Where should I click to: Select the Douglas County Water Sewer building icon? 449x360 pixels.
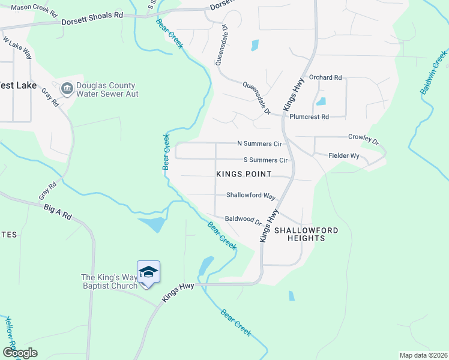(x=67, y=89)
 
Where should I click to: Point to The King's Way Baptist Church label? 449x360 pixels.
(x=109, y=281)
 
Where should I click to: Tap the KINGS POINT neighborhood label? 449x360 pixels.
(x=244, y=174)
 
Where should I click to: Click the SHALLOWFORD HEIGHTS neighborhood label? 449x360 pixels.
(x=306, y=234)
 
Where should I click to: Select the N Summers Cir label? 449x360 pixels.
(x=259, y=144)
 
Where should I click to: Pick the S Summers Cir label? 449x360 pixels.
(x=265, y=160)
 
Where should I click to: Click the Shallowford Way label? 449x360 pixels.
(x=250, y=196)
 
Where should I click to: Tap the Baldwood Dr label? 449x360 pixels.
(x=243, y=220)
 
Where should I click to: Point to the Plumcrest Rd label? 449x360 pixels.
(x=309, y=117)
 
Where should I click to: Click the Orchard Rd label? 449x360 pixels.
(x=325, y=78)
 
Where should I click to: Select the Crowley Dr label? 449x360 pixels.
(x=364, y=139)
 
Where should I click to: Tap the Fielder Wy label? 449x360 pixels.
(x=344, y=156)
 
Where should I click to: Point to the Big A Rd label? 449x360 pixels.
(x=58, y=210)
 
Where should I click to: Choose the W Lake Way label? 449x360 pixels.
(x=17, y=49)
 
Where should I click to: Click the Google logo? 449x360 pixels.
(x=20, y=353)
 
